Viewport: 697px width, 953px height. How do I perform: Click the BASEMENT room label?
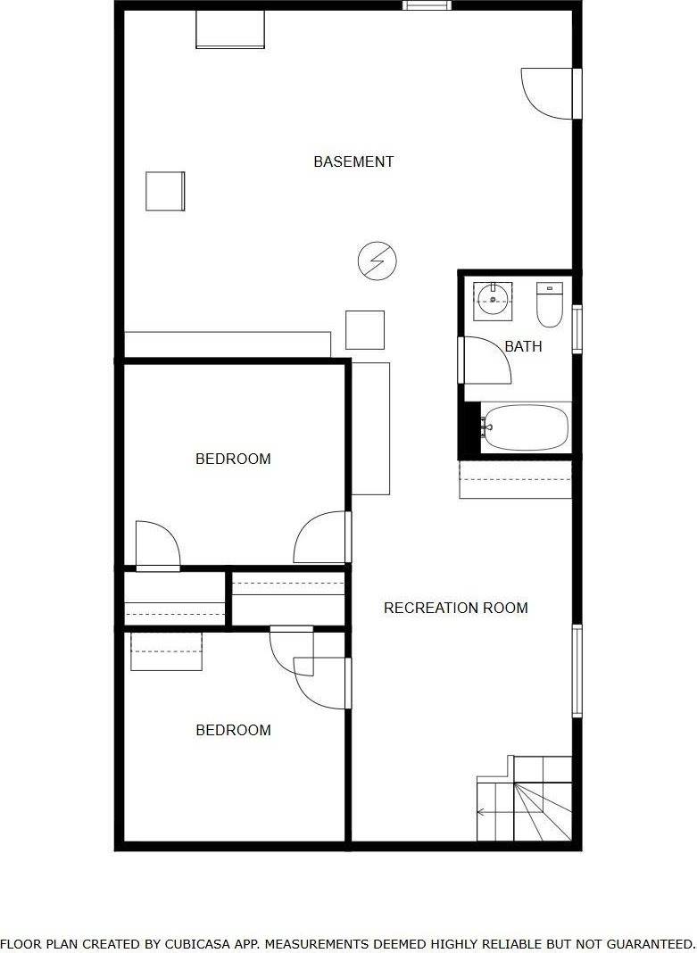coord(353,162)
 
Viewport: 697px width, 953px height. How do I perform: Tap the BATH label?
coord(523,346)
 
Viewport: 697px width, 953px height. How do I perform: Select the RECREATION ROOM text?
coord(456,608)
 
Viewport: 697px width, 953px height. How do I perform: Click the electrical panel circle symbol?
coord(377,261)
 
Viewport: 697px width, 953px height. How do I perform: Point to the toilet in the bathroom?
coord(550,305)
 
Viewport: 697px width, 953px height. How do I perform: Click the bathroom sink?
coord(493,301)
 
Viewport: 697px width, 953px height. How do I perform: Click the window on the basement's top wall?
coord(427,5)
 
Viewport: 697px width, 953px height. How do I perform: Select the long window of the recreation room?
coord(577,671)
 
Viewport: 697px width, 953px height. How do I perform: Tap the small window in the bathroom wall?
coord(577,328)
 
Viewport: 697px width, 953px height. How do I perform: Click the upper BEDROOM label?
coord(233,459)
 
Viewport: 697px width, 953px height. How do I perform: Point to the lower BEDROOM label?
coord(233,730)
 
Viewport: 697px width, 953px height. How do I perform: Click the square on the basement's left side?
coord(165,192)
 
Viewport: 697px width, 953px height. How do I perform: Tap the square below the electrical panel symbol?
coord(365,330)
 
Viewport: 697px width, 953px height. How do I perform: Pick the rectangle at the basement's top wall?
coord(230,29)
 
